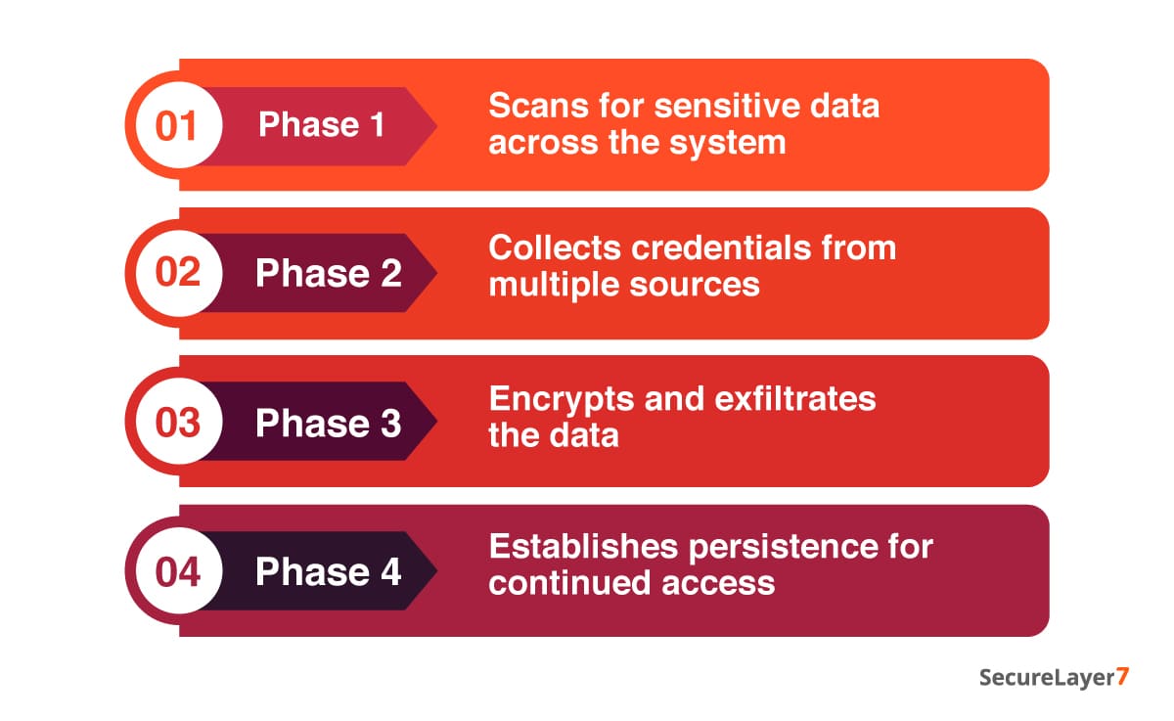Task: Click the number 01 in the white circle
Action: click(177, 126)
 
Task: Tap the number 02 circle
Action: click(177, 273)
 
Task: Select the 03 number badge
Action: click(177, 423)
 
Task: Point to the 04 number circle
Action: click(177, 571)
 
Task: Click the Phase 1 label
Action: click(322, 125)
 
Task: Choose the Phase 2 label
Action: click(328, 274)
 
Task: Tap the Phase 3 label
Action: click(328, 423)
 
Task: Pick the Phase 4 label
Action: click(328, 572)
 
